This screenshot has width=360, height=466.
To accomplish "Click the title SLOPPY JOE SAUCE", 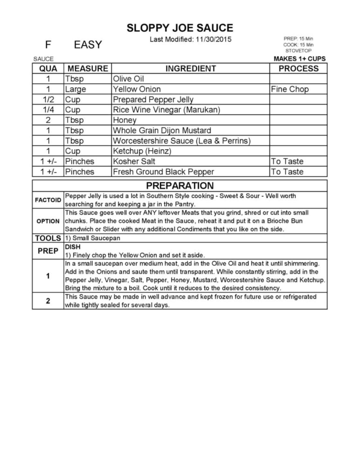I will coord(180,28).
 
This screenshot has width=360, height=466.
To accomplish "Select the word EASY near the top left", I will coord(88,45).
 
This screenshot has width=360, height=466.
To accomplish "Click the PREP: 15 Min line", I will coord(298,39).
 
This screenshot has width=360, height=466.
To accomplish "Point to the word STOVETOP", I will coord(298,51).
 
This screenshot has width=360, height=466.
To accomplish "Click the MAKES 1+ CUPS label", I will coord(300,59).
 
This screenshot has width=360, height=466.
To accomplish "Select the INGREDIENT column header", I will coord(191,68).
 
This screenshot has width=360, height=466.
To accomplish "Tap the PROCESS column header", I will coord(298,68).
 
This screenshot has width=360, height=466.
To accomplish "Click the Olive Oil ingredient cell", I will coord(129,79).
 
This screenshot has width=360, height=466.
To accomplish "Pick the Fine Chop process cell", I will coord(290,89).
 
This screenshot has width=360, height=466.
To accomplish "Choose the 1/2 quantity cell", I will coord(48,100).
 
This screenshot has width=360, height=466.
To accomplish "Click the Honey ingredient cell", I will coord(125,120).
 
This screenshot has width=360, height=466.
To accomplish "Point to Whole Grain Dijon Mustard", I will coord(162,130).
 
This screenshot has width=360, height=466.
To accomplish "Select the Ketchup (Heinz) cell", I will coord(142,151).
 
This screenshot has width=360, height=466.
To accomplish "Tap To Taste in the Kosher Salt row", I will coord(287,161).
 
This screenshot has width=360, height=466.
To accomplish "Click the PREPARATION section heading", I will coord(180,186).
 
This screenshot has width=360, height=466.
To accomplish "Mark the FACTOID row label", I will coord(48,200).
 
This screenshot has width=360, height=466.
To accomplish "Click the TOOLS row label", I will coord(48,238).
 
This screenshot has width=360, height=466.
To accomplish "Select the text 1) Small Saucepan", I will coord(93,238).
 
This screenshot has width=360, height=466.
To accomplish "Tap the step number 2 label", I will coord(48,301).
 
